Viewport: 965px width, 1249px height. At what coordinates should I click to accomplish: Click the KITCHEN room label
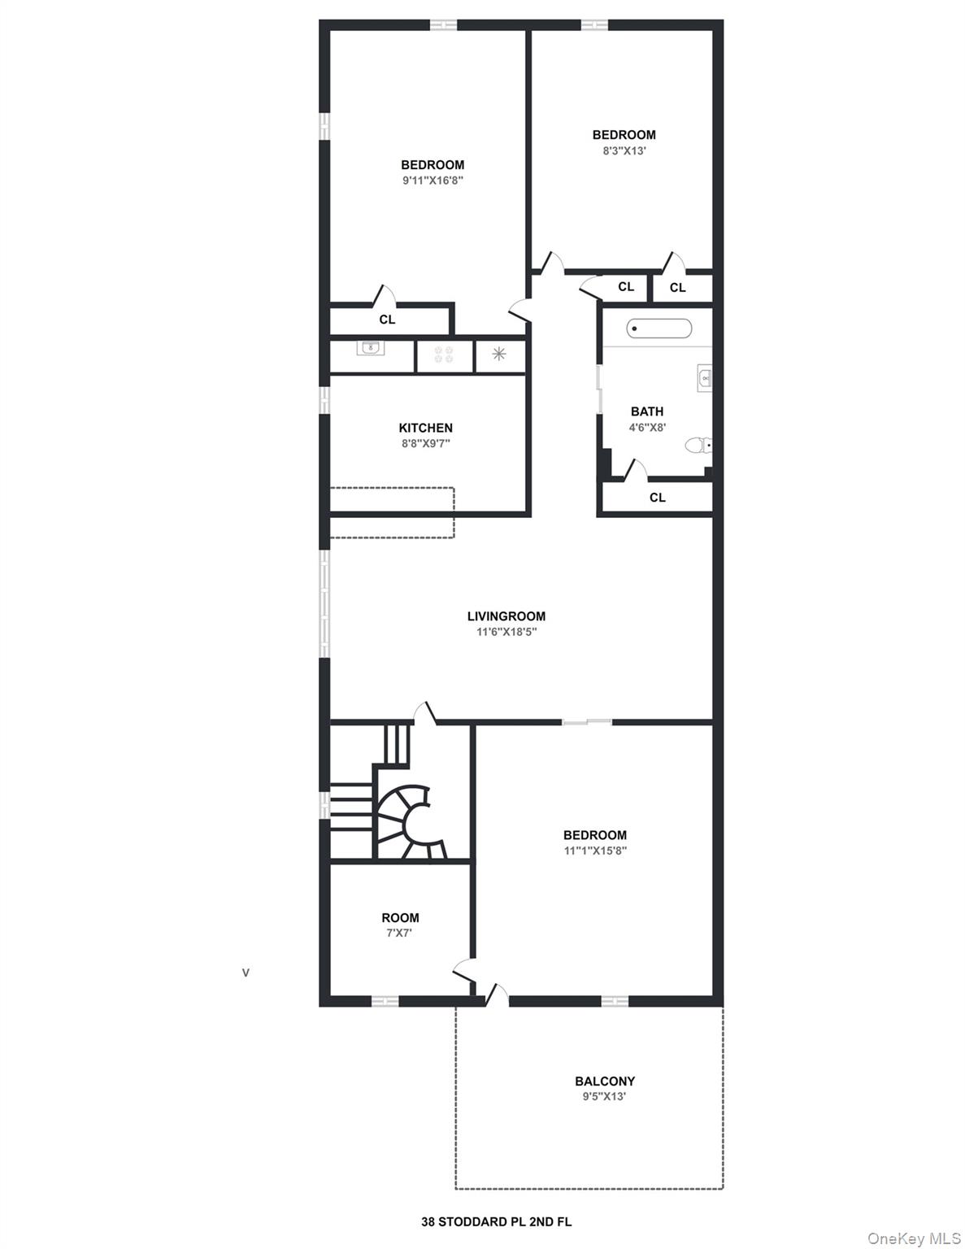(x=425, y=428)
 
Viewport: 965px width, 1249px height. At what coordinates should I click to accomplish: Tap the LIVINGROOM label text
(x=506, y=616)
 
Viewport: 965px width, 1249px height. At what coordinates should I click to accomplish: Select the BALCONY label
(x=604, y=1081)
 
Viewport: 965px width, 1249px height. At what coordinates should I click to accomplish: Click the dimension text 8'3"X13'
(x=624, y=150)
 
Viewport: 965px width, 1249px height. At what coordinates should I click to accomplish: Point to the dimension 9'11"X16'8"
(x=433, y=181)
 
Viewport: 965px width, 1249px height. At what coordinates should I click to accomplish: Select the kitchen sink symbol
(x=371, y=348)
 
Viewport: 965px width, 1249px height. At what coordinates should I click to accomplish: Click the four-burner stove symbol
(x=444, y=354)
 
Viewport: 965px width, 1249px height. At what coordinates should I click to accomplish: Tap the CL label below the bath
(x=657, y=498)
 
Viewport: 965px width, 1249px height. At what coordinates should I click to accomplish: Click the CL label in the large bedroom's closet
(x=387, y=320)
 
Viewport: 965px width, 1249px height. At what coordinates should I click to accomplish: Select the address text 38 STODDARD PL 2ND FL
(x=496, y=1221)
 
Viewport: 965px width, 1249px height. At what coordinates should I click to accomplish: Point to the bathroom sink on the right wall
(x=704, y=378)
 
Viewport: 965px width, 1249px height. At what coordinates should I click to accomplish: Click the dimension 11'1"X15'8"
(x=595, y=851)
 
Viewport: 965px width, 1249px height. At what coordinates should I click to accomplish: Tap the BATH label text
(x=646, y=411)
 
